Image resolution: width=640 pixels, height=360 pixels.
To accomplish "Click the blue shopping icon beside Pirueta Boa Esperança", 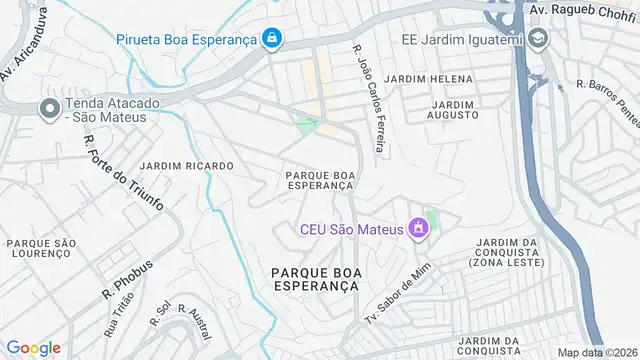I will pos(271,39).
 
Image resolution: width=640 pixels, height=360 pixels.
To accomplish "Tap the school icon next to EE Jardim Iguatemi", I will pos(540,39).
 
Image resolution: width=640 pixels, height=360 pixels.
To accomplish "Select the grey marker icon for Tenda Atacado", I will pos(48,109).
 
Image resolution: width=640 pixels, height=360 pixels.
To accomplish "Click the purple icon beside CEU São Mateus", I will pos(418,231).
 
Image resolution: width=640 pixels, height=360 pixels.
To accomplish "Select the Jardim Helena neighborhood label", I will pos(430,78).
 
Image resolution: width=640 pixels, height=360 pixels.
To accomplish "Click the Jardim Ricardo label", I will pos(187,165).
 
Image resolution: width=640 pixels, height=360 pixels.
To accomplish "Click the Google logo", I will pos(33,347).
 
